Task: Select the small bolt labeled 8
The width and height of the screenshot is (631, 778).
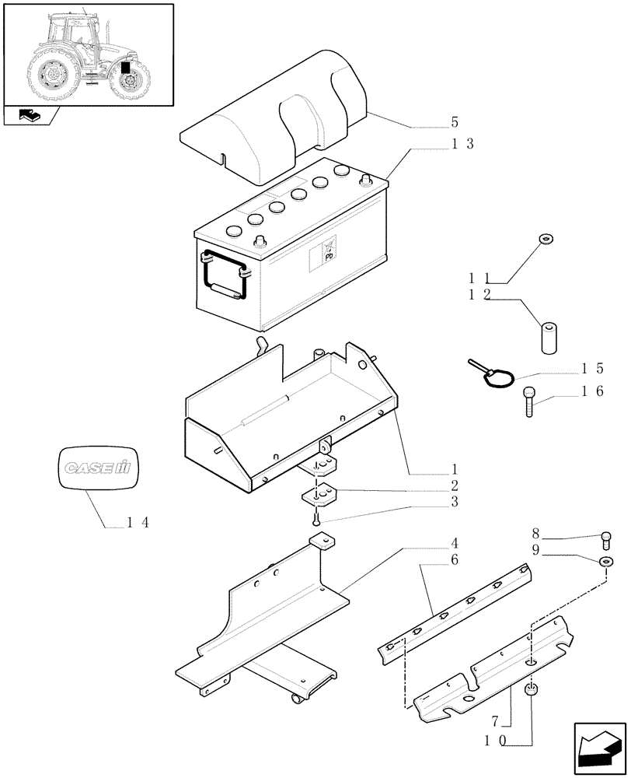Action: (x=607, y=538)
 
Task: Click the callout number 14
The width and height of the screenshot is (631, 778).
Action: (x=138, y=522)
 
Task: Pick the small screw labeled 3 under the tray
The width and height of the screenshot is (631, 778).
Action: (x=316, y=518)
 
